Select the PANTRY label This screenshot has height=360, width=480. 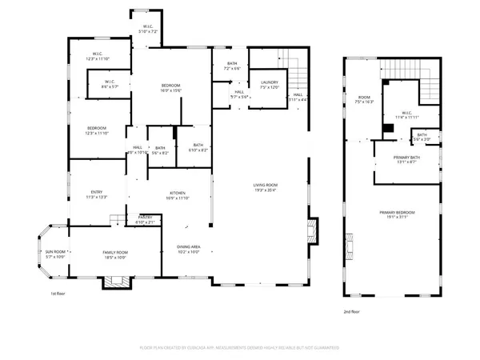tap(146, 219)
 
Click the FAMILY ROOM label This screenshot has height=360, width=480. tap(115, 254)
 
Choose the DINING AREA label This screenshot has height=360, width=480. tap(188, 249)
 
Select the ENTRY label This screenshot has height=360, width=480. tap(95, 194)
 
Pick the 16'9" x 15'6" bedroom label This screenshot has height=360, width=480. tap(170, 86)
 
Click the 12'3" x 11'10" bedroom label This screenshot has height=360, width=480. tap(95, 130)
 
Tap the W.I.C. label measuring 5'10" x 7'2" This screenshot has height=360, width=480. tap(149, 29)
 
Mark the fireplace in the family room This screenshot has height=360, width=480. tap(110, 282)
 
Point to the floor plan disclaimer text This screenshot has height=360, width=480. tap(240, 348)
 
